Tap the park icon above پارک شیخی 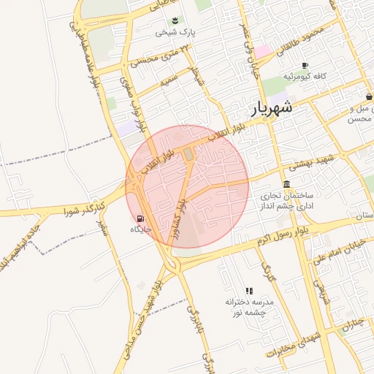pos(175,20)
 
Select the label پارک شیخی pos(175,32)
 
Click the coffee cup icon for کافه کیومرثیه pos(305,64)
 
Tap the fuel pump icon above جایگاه pos(140,218)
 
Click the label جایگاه pos(140,229)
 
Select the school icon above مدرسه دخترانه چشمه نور pos(249,290)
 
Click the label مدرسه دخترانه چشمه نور pos(249,307)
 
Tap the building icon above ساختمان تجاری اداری pos(286,183)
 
